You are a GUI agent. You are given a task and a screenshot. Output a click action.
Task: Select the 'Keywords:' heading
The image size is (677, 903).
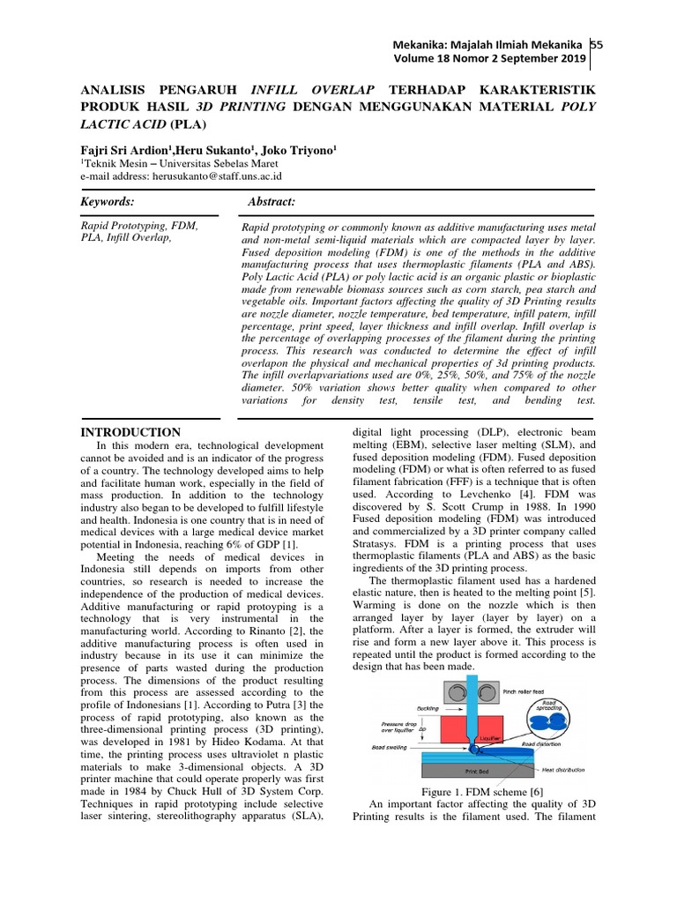(x=108, y=202)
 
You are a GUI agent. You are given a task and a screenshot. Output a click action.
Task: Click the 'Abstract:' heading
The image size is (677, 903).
(x=272, y=202)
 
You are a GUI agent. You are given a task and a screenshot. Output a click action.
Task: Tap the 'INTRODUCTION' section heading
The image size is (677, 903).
(x=130, y=433)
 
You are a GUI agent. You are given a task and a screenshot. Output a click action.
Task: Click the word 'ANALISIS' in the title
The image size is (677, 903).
(x=115, y=91)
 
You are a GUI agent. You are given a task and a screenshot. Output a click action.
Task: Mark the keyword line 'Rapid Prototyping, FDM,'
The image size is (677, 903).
(x=139, y=226)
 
